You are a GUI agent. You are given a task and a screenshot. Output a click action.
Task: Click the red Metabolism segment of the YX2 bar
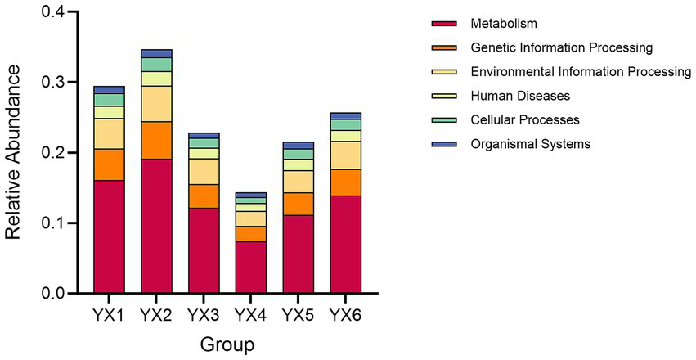click(156, 225)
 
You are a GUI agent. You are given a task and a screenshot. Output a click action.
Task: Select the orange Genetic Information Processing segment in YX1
click(109, 164)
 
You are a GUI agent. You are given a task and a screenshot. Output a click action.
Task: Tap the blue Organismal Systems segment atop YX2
click(156, 53)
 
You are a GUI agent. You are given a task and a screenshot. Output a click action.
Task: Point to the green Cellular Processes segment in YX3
click(204, 143)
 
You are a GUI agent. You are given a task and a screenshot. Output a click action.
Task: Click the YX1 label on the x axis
click(109, 315)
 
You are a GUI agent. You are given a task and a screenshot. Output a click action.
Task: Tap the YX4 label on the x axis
click(251, 315)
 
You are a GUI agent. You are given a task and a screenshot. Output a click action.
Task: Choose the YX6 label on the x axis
click(346, 315)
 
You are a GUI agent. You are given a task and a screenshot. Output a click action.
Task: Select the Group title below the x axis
click(228, 344)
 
